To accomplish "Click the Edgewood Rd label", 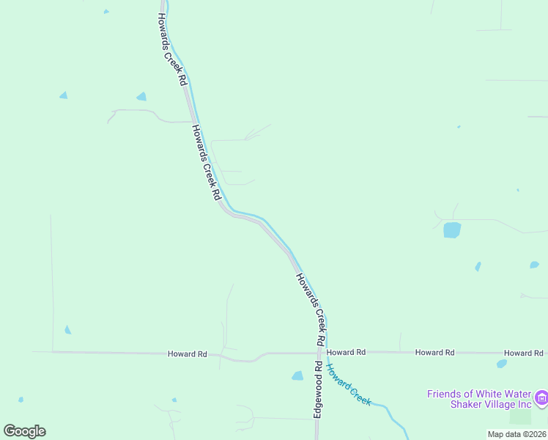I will click(319, 389).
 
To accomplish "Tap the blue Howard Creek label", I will click(349, 384).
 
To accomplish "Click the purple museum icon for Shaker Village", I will click(542, 398).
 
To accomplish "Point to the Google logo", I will click(24, 431).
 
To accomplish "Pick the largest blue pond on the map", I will click(452, 230).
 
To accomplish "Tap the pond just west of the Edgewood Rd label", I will click(297, 375).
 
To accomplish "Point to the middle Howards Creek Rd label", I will click(206, 163).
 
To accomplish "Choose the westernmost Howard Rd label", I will click(188, 353).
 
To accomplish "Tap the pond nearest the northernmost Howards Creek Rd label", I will click(141, 96).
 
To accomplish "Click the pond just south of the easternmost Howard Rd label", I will click(502, 363).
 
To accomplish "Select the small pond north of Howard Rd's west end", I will click(67, 330).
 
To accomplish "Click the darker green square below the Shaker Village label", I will click(520, 417).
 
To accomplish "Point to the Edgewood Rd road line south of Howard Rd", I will click(317, 425).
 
